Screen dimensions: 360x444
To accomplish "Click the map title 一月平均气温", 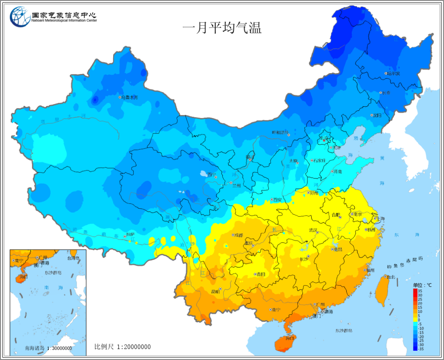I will click(222, 28).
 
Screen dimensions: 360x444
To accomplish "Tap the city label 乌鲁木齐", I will click(130, 97).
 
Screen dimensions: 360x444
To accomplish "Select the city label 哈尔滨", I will click(394, 74).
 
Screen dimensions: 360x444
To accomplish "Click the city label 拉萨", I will click(130, 235).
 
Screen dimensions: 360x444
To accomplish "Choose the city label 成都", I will click(239, 235).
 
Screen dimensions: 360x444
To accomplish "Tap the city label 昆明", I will click(216, 292).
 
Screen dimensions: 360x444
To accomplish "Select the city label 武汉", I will click(313, 230).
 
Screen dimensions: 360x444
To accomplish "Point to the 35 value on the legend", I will click(420, 291).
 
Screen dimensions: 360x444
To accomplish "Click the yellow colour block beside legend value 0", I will click(415, 320).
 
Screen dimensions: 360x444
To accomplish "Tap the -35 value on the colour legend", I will click(421, 349).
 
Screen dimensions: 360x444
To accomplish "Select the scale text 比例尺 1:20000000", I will click(122, 347).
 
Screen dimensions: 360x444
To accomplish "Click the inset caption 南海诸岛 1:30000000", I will click(48, 349).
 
